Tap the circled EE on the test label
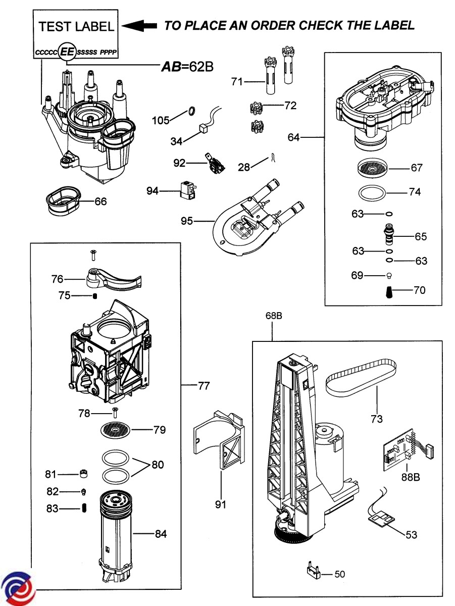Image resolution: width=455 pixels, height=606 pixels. click(x=67, y=52)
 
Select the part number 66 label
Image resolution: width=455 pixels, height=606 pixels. click(x=101, y=201)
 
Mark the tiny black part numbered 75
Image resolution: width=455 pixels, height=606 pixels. click(x=94, y=296)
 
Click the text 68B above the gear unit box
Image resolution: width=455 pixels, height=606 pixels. click(x=273, y=316)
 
